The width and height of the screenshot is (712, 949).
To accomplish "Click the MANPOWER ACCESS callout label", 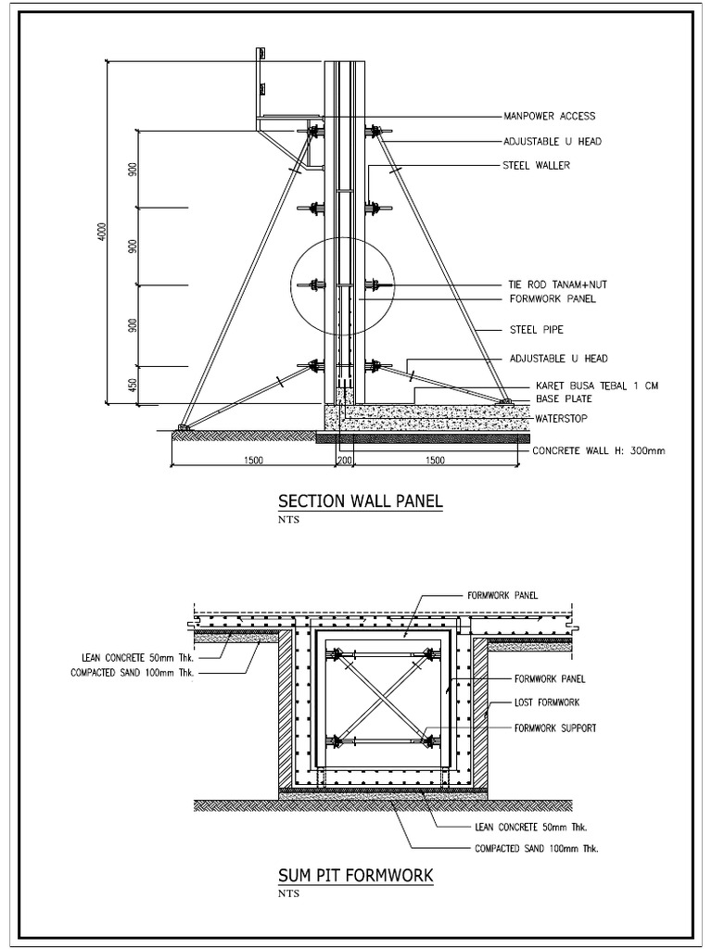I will [549, 117].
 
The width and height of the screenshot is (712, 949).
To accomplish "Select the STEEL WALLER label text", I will [537, 166].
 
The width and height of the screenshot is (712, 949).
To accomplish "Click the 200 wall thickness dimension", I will [345, 461].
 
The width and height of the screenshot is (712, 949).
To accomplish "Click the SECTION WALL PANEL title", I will [361, 502].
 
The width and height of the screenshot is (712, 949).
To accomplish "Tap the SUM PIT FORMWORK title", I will [356, 876].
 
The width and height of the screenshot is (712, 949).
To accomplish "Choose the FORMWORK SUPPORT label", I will [554, 728].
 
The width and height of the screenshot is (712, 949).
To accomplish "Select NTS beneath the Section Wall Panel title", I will [288, 520].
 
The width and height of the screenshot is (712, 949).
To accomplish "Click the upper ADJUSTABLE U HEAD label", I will [553, 142].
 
